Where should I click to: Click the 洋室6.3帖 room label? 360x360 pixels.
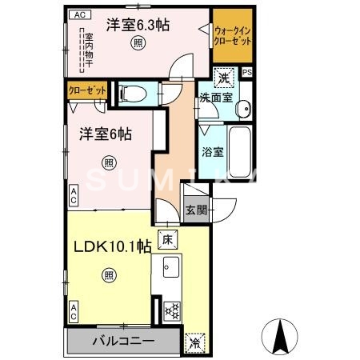(x=139, y=25)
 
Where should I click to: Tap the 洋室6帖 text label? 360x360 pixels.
(x=105, y=134)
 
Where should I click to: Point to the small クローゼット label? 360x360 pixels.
(x=84, y=91)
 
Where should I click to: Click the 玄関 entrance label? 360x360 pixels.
(x=196, y=210)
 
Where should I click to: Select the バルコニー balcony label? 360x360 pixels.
(x=123, y=342)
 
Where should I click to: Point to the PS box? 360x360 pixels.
(x=246, y=72)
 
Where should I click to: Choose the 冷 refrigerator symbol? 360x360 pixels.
(x=195, y=342)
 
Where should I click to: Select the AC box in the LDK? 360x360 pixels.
(x=73, y=312)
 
